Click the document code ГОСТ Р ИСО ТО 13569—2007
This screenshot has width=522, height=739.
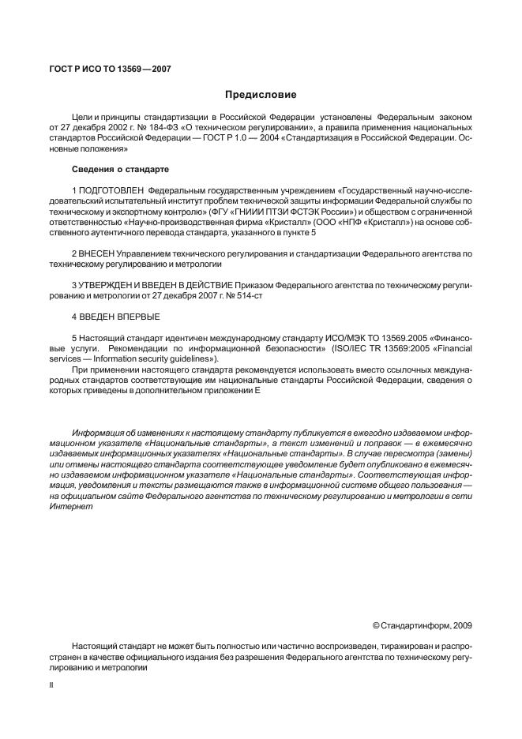pyautogui.click(x=110, y=69)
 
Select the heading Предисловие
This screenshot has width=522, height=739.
pyautogui.click(x=261, y=95)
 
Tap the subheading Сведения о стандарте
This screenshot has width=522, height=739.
pyautogui.click(x=119, y=169)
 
